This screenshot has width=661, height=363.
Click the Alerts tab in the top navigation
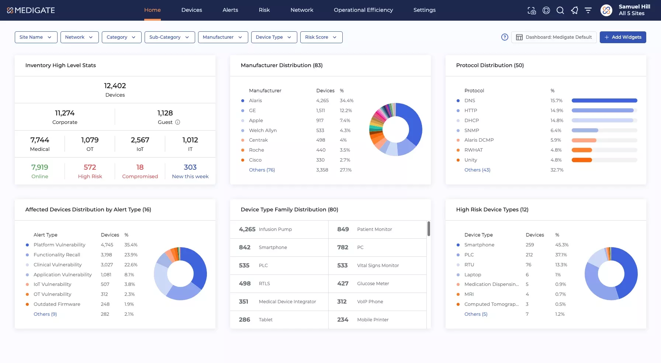pyautogui.click(x=230, y=10)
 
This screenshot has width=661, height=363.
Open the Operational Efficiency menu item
pyautogui.click(x=363, y=10)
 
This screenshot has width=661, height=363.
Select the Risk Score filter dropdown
pyautogui.click(x=321, y=37)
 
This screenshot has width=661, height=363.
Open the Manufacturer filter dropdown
pyautogui.click(x=223, y=37)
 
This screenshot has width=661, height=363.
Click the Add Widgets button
pyautogui.click(x=623, y=37)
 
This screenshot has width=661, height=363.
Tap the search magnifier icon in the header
pyautogui.click(x=560, y=10)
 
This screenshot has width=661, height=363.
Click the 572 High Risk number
pyautogui.click(x=90, y=167)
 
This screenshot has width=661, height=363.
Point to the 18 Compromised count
pyautogui.click(x=140, y=167)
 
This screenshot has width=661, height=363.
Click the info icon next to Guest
pyautogui.click(x=177, y=122)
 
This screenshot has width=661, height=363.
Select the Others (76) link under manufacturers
pyautogui.click(x=262, y=170)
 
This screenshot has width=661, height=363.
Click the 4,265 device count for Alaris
pyautogui.click(x=322, y=100)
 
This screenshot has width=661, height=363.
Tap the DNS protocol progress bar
pyautogui.click(x=604, y=100)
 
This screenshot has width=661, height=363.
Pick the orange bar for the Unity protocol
pyautogui.click(x=582, y=160)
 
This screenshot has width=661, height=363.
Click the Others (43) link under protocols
pyautogui.click(x=477, y=170)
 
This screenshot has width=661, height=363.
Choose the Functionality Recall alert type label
pyautogui.click(x=57, y=255)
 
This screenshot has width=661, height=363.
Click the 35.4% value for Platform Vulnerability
pyautogui.click(x=131, y=245)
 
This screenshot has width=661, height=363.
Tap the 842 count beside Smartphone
pyautogui.click(x=245, y=247)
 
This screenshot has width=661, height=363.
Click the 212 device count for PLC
pyautogui.click(x=529, y=255)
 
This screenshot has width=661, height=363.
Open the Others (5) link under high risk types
pyautogui.click(x=476, y=314)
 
